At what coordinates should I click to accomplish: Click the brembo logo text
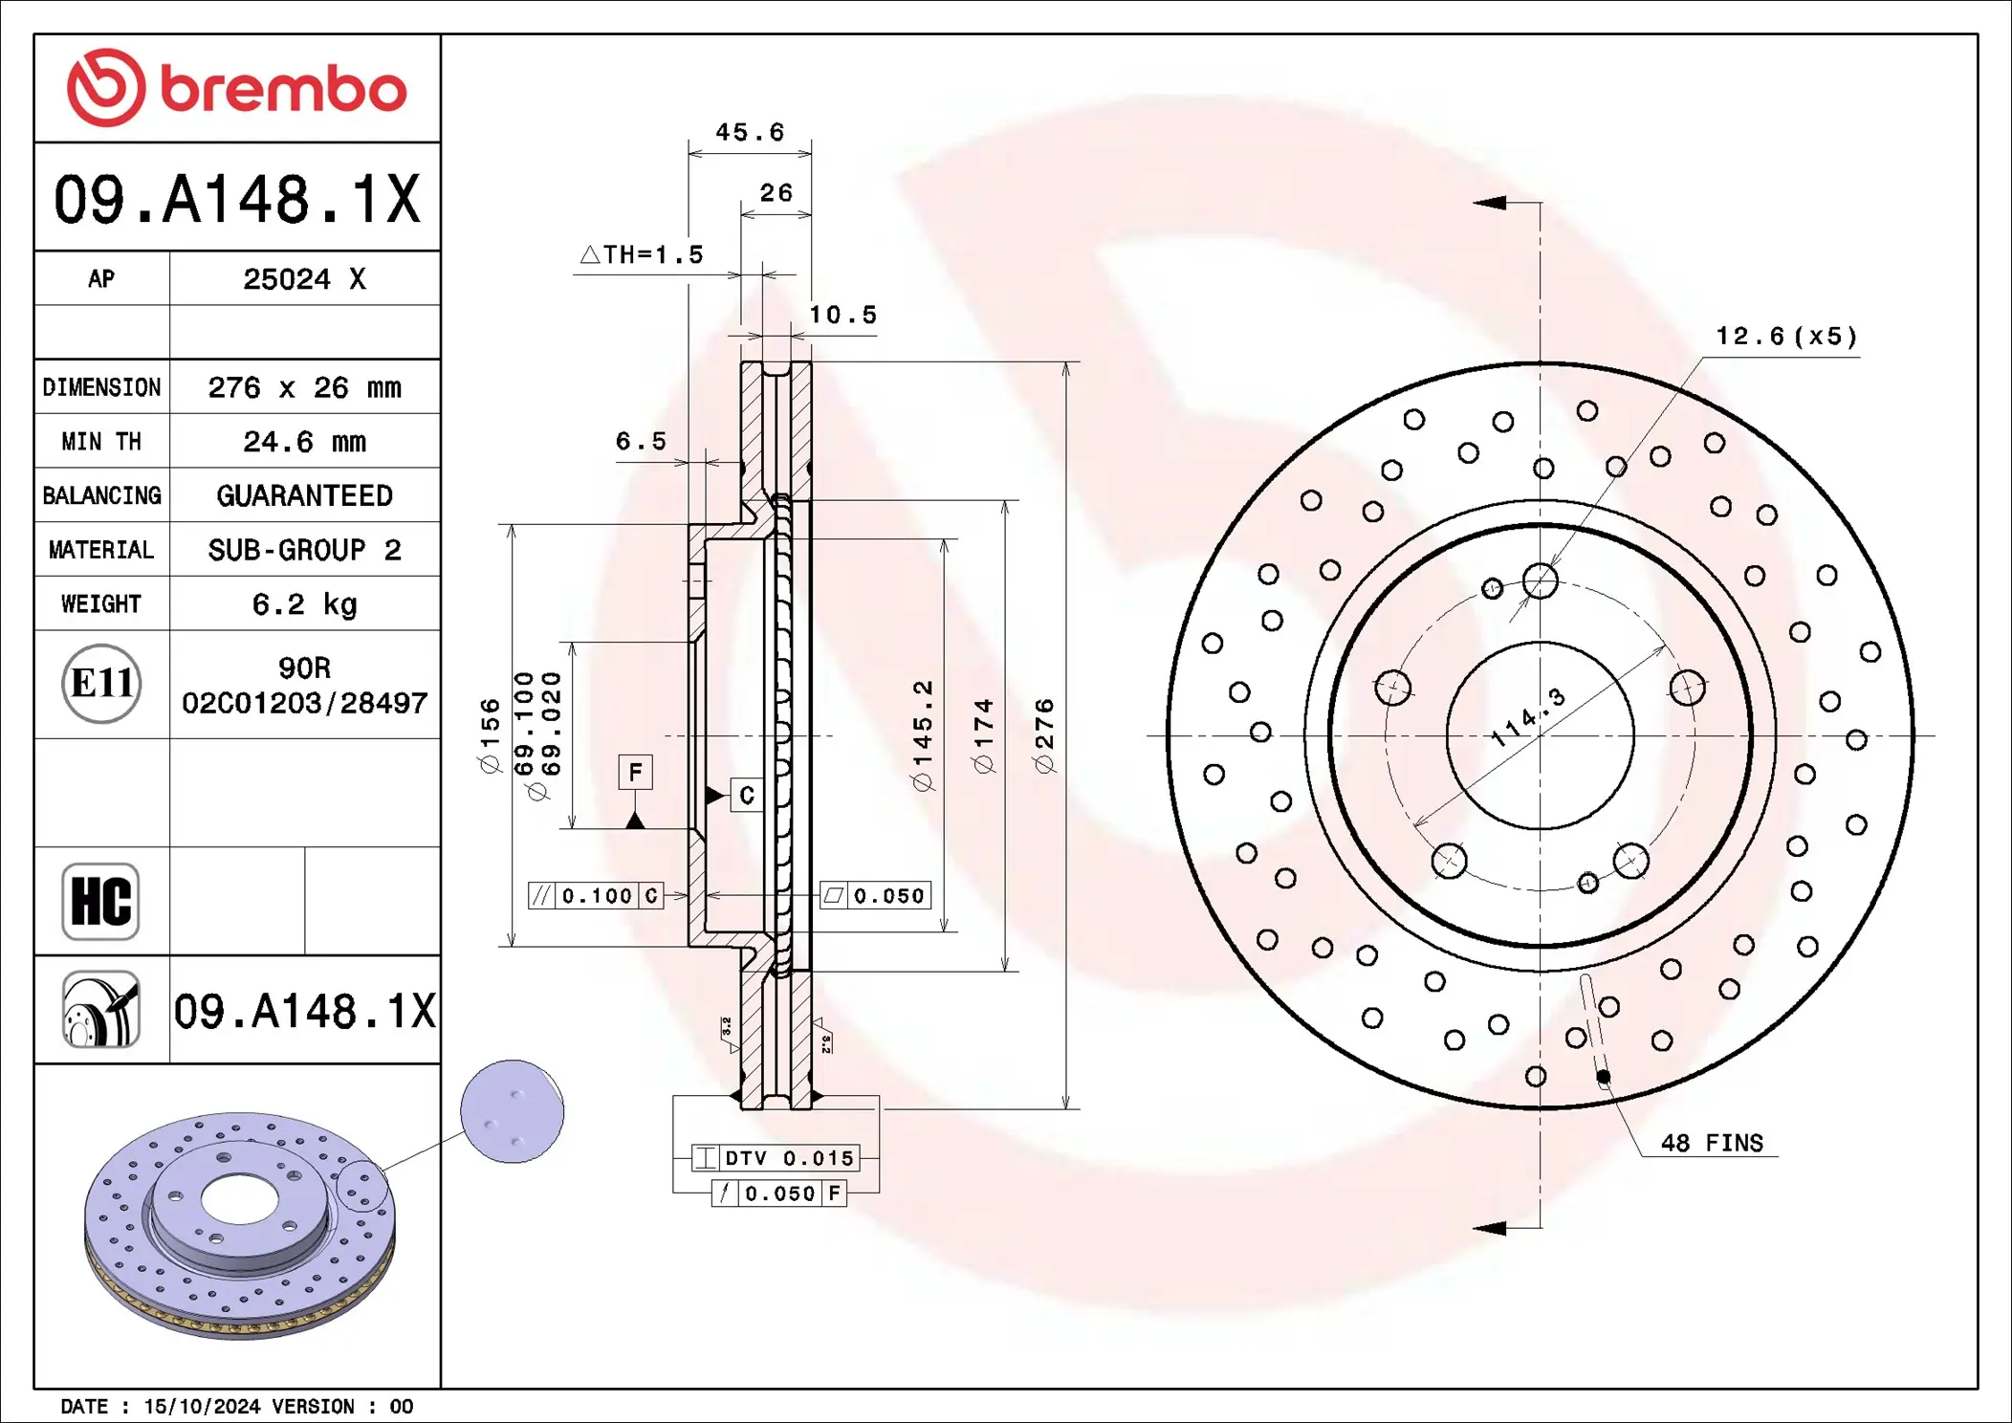(283, 90)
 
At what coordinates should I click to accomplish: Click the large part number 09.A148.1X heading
(236, 199)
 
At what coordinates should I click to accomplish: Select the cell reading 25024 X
(304, 279)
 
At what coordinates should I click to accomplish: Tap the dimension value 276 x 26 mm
(304, 387)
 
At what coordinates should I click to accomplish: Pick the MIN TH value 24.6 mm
(304, 442)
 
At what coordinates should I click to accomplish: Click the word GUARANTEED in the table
(304, 495)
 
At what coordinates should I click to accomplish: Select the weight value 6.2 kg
(304, 604)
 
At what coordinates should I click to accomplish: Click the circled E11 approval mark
(101, 684)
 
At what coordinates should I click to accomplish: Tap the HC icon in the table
(100, 901)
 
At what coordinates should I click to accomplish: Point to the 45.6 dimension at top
(750, 132)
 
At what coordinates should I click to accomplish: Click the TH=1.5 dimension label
(643, 254)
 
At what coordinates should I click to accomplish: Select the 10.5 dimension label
(842, 315)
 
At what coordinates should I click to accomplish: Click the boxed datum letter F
(635, 772)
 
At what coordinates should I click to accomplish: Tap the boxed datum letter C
(747, 795)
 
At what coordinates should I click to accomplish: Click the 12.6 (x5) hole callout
(1785, 337)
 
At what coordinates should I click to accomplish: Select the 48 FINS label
(1712, 1143)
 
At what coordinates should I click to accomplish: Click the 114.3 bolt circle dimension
(1528, 716)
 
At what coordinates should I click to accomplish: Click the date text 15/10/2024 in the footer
(202, 1406)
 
